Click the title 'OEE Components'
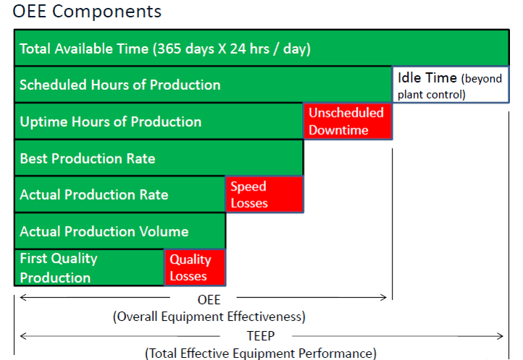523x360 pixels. tap(87, 12)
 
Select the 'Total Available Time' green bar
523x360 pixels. tap(261, 49)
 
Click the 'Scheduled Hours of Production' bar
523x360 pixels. tap(203, 85)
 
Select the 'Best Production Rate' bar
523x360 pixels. tap(158, 158)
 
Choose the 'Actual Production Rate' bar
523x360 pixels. tap(120, 194)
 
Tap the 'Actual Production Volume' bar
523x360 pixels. tap(120, 231)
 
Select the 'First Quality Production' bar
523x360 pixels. tap(89, 267)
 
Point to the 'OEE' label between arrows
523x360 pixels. tap(209, 298)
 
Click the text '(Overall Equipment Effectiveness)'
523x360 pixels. tap(209, 317)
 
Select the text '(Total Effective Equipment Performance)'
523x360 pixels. tap(261, 353)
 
